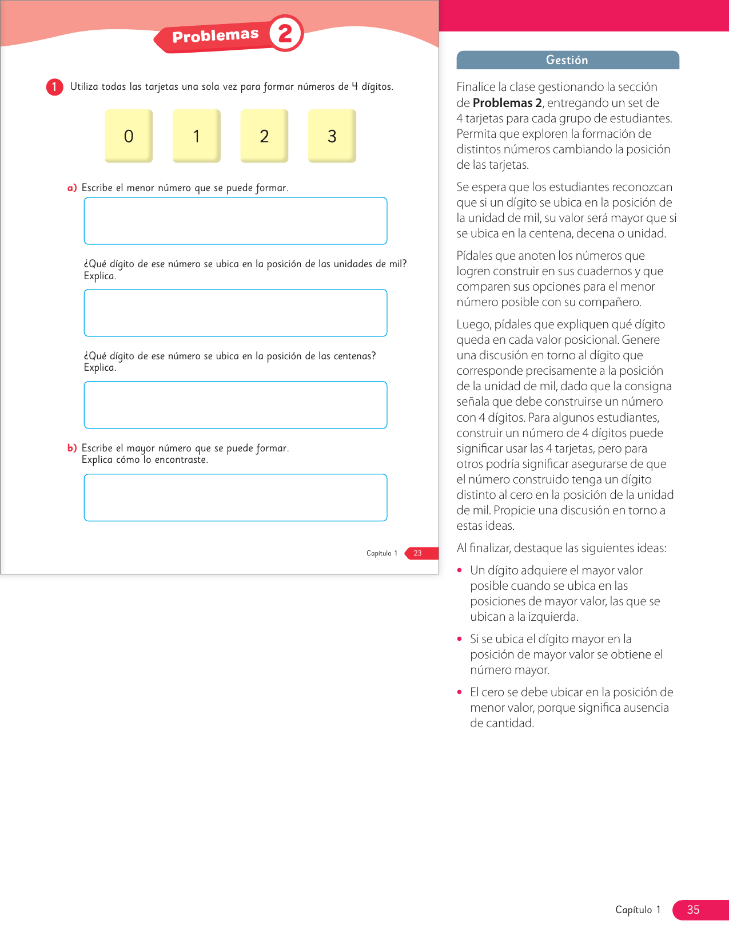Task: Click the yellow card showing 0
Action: tap(129, 136)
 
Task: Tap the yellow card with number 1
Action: tap(196, 136)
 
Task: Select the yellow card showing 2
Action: tap(264, 136)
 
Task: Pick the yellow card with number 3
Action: tap(332, 136)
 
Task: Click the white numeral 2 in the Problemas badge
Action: tap(285, 33)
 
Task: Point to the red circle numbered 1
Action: tap(54, 87)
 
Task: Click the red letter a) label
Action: tap(72, 188)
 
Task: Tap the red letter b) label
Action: tap(72, 448)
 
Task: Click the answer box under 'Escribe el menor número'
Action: tap(236, 221)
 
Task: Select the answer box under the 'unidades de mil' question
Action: tap(236, 313)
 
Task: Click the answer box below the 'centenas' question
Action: tap(236, 404)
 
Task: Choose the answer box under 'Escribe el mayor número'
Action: tap(236, 497)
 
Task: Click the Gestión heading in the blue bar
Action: tap(567, 60)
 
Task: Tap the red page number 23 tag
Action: tap(418, 553)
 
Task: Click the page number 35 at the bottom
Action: tap(693, 910)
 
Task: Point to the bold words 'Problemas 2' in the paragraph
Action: tap(507, 103)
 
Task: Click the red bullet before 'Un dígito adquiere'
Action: tap(460, 570)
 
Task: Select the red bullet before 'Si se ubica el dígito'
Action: tap(460, 638)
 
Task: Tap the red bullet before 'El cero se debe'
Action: tap(460, 692)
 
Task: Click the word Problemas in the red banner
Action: tap(216, 36)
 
